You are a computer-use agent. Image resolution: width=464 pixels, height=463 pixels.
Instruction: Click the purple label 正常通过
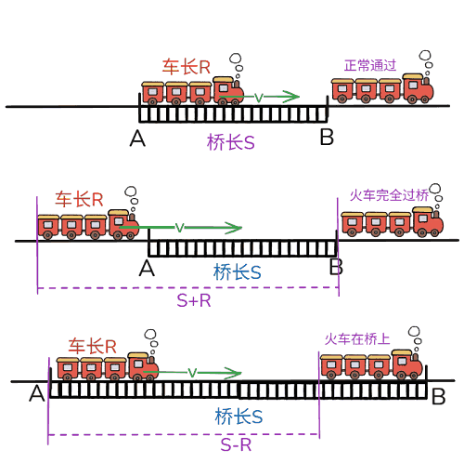(370, 65)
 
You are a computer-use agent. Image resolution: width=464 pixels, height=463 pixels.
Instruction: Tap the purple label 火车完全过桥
(389, 195)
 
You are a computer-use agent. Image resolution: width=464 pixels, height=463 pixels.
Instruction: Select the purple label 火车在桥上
(357, 339)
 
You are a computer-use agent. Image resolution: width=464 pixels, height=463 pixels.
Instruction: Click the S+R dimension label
(194, 300)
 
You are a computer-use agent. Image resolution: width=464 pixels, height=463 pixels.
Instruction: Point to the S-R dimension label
(236, 445)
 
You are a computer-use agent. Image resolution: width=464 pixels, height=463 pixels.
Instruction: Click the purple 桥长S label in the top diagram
(231, 142)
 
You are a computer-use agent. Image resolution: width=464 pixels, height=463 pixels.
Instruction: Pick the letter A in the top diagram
(137, 139)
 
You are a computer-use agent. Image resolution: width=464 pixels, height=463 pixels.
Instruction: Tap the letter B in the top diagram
(327, 137)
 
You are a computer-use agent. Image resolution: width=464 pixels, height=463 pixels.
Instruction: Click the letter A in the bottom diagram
(37, 393)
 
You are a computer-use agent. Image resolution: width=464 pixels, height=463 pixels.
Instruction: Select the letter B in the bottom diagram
(439, 397)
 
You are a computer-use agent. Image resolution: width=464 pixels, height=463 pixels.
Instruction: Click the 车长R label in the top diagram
(187, 67)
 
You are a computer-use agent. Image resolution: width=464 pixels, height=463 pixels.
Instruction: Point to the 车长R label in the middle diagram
(79, 199)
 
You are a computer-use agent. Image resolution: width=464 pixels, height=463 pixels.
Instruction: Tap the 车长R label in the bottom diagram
(92, 346)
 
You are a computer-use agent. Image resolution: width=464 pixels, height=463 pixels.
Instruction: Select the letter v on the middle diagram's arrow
(179, 228)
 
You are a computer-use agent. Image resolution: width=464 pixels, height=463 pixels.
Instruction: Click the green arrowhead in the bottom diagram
(234, 373)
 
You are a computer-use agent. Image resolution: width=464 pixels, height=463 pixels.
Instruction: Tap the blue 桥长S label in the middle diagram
(238, 272)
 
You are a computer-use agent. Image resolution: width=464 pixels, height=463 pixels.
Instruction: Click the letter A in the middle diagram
(147, 269)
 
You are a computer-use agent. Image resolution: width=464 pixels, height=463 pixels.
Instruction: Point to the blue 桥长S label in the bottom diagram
(238, 417)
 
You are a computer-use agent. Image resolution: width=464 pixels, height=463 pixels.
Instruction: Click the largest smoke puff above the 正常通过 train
(425, 56)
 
